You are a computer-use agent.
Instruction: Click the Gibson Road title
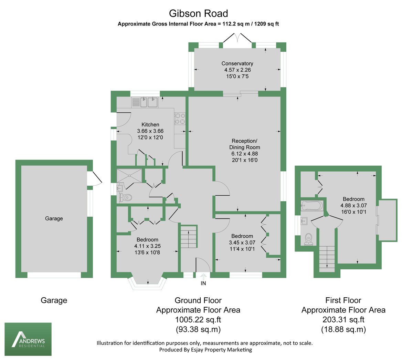point(198,13)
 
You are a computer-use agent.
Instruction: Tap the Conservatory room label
point(237,63)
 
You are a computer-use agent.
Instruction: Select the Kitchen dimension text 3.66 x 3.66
point(150,131)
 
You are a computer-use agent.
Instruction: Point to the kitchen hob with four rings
point(180,119)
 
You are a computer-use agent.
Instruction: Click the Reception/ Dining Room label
point(244,144)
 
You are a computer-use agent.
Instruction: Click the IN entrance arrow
point(203,277)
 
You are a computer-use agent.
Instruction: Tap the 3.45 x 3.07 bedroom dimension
point(242,243)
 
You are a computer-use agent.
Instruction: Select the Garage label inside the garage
point(54,218)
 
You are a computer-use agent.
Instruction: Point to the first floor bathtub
point(312,206)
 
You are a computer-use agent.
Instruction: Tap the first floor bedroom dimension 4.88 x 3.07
point(353,205)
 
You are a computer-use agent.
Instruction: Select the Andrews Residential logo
point(28,339)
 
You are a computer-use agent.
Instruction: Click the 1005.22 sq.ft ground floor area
point(198,320)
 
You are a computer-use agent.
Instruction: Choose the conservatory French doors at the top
point(237,38)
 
